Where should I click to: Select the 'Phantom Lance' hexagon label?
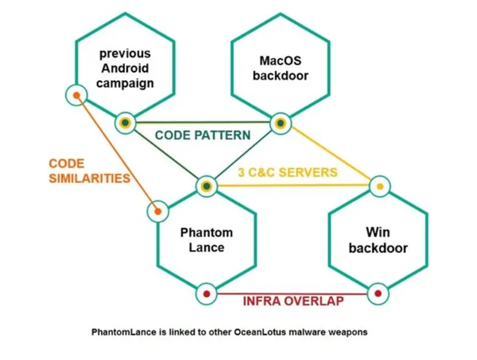207,240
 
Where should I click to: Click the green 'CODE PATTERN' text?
202,135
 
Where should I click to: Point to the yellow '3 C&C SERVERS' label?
287,172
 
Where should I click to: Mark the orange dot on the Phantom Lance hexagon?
158,211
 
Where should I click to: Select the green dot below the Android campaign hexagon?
125,123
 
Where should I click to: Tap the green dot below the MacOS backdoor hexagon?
280,123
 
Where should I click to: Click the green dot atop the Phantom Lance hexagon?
207,186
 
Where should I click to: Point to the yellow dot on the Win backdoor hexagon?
380,186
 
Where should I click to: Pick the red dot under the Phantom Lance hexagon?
206,295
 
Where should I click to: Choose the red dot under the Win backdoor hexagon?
377,295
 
